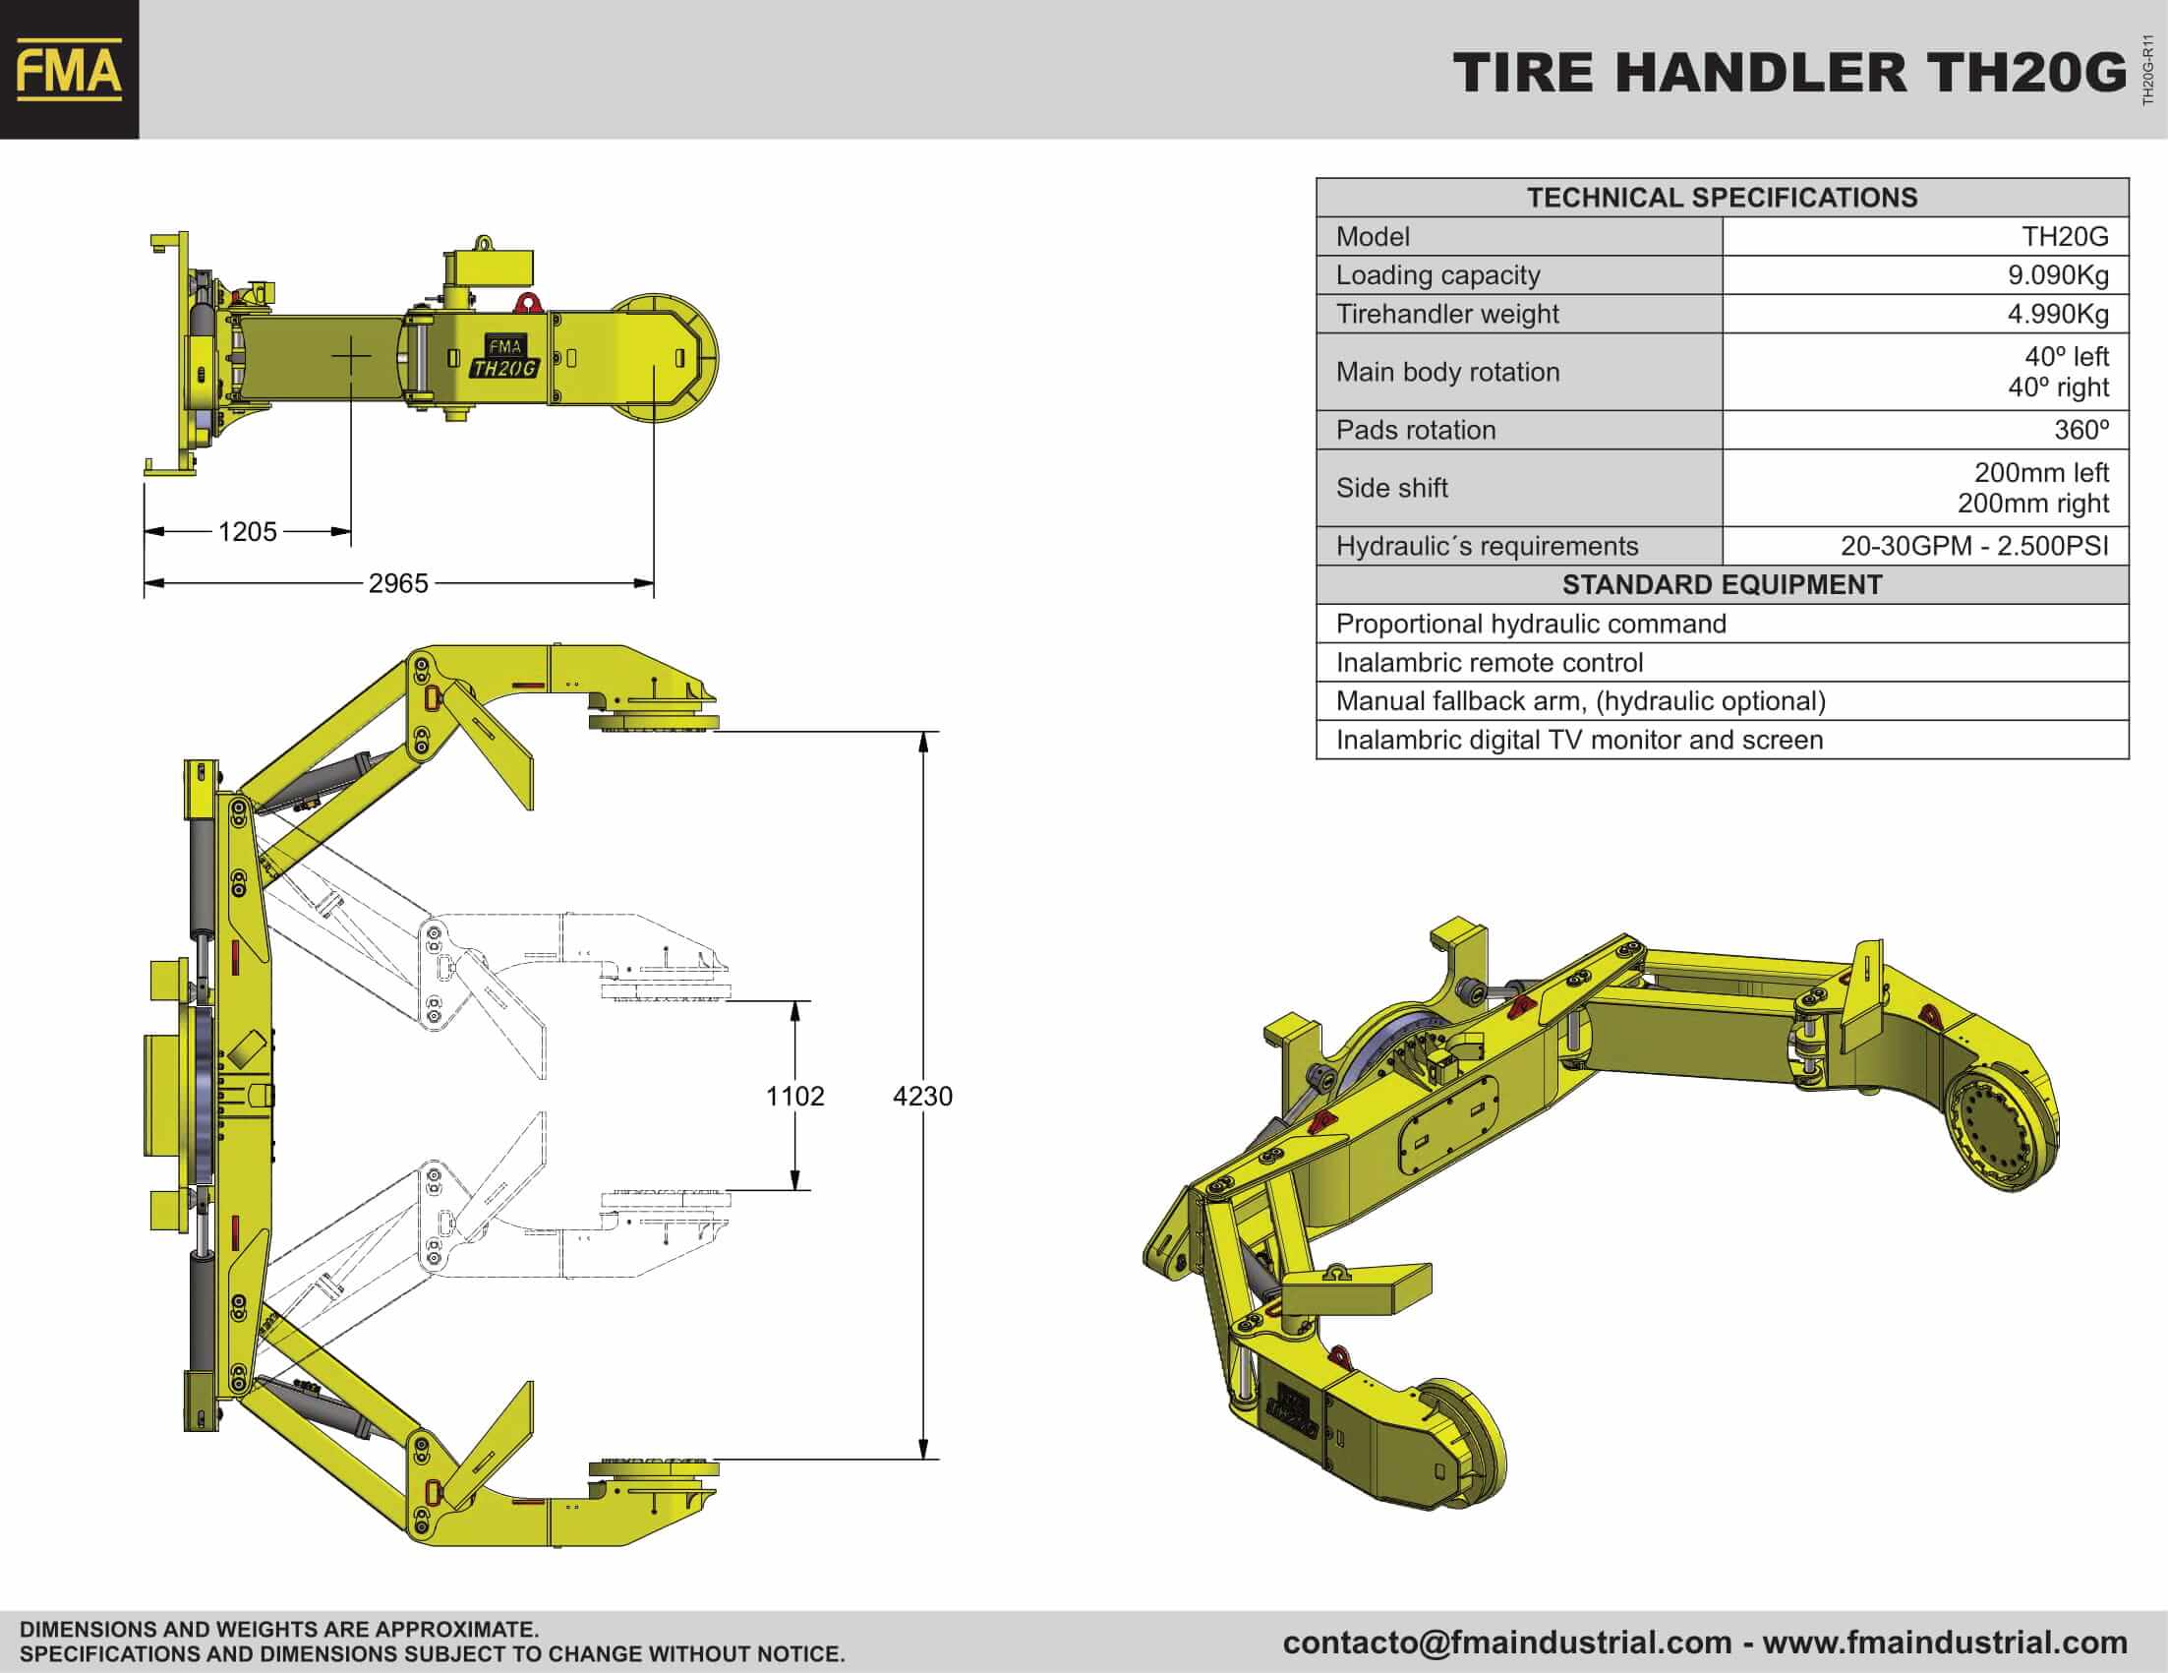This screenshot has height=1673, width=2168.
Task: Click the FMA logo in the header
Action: [x=70, y=70]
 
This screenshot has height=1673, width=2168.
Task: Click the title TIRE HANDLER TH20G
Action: [x=1789, y=74]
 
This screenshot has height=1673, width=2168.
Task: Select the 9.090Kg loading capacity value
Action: [x=2058, y=275]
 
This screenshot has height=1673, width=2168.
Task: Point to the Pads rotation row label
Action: [x=1416, y=430]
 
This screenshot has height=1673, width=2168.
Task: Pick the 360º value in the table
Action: [x=2080, y=430]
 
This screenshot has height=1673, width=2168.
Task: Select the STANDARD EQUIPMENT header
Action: [x=1723, y=585]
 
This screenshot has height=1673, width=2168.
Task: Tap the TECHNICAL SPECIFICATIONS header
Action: [x=1723, y=198]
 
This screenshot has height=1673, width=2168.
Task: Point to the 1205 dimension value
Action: [x=247, y=532]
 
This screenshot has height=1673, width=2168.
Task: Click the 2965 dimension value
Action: [x=398, y=583]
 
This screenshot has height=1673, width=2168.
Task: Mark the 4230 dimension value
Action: [x=922, y=1096]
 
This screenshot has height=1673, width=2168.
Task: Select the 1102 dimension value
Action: [x=795, y=1096]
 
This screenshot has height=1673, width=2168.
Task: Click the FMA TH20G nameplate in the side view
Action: [x=504, y=357]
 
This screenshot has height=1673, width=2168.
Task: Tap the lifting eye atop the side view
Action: [x=484, y=242]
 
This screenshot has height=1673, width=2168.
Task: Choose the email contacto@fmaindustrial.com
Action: [x=1507, y=1643]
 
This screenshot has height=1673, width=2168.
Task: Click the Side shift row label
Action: [x=1391, y=488]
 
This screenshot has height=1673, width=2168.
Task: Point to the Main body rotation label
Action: [x=1447, y=373]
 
